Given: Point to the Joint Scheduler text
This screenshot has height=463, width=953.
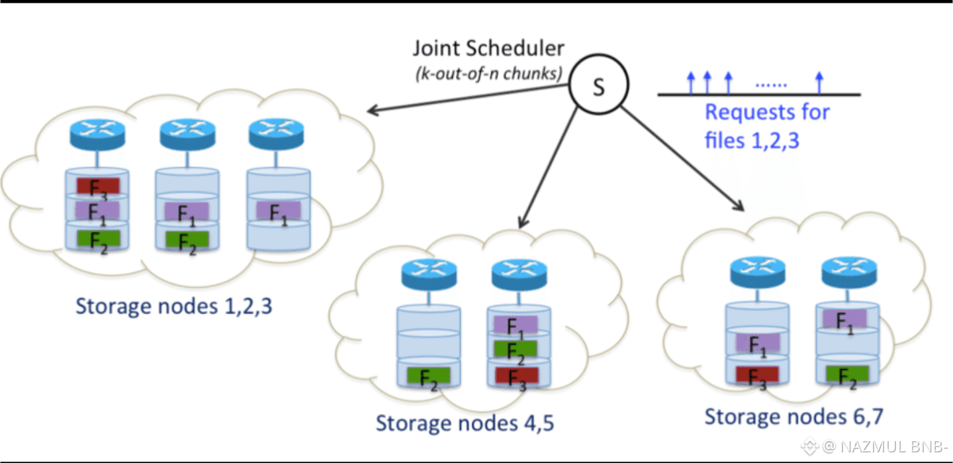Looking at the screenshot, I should pos(488,48).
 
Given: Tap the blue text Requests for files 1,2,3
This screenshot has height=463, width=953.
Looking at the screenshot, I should pos(766,125).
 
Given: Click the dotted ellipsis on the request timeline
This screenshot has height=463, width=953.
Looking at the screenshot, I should pos(771,85).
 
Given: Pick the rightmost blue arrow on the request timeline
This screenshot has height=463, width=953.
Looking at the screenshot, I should pos(819,83).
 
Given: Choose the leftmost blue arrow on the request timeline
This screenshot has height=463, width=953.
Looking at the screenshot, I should pos(691,83).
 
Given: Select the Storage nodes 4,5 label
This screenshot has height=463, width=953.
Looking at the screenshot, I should pos(465,423).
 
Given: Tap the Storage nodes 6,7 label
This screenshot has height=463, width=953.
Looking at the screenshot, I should pos(794,416).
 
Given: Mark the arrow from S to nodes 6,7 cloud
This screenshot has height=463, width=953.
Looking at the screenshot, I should pos(682,159).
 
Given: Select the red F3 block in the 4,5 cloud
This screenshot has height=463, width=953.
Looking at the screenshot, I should pos(516,376).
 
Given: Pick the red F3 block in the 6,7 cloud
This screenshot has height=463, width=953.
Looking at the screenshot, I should pos(757,374).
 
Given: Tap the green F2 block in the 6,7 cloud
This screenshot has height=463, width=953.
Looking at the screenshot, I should pos(847,374).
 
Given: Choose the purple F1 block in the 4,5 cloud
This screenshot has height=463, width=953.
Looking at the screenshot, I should pos(516,325).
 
